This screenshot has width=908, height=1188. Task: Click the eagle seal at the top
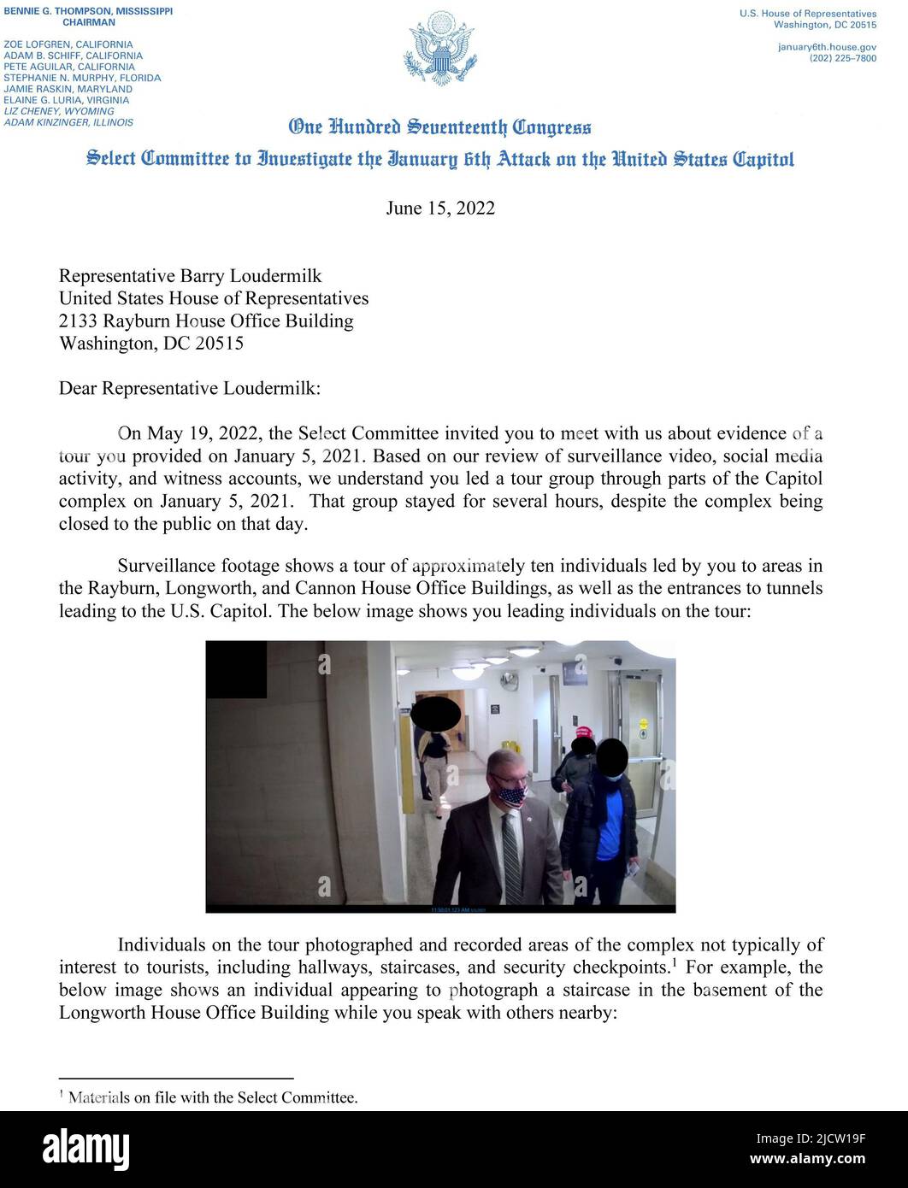(439, 48)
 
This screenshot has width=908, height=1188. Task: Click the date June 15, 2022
(440, 209)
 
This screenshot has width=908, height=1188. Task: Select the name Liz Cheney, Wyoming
(58, 111)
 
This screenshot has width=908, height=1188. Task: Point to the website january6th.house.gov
(826, 47)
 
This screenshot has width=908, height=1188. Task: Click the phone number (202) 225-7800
(842, 58)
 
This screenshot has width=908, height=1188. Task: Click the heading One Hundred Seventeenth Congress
(439, 127)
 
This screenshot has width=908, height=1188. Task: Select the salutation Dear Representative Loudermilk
(189, 388)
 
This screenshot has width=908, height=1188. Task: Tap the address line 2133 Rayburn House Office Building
(205, 321)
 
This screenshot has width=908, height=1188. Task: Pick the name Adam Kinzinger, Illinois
(68, 122)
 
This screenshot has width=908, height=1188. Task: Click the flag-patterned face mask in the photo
(511, 797)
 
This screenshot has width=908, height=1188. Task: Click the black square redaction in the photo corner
(236, 669)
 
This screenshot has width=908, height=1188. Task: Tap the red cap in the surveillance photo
(584, 732)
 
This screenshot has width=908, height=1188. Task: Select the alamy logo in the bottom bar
(85, 1150)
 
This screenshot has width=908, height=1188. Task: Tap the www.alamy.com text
(807, 1160)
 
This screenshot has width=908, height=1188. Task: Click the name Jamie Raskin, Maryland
(68, 89)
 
